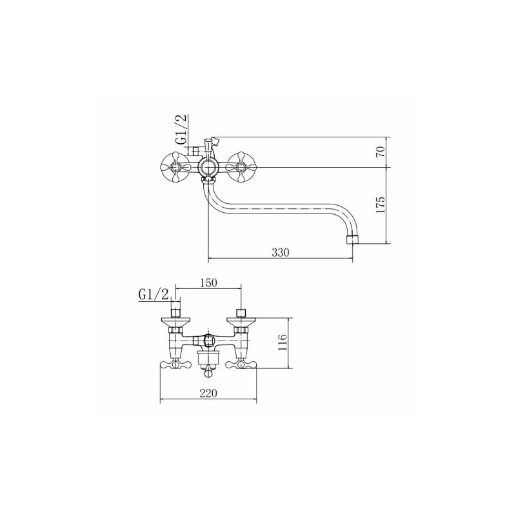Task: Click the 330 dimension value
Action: [281, 252]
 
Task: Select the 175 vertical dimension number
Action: [380, 204]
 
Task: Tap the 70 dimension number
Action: [380, 152]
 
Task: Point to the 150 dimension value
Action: [208, 283]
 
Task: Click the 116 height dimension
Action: [283, 342]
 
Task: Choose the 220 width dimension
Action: [208, 393]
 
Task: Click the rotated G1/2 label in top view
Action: [181, 129]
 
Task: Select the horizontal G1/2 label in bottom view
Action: [154, 295]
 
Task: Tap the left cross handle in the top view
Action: [174, 168]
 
